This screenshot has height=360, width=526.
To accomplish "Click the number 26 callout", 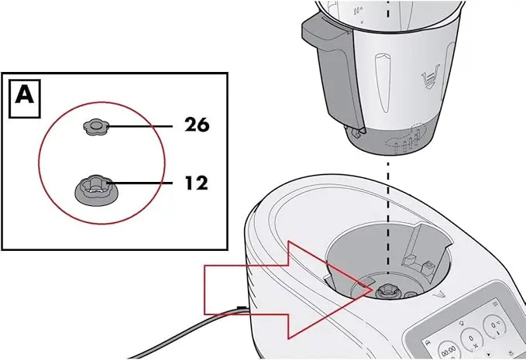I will [197, 124].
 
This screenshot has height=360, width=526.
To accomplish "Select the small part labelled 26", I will [97, 127].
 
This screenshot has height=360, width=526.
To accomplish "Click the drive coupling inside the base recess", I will [386, 290].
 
